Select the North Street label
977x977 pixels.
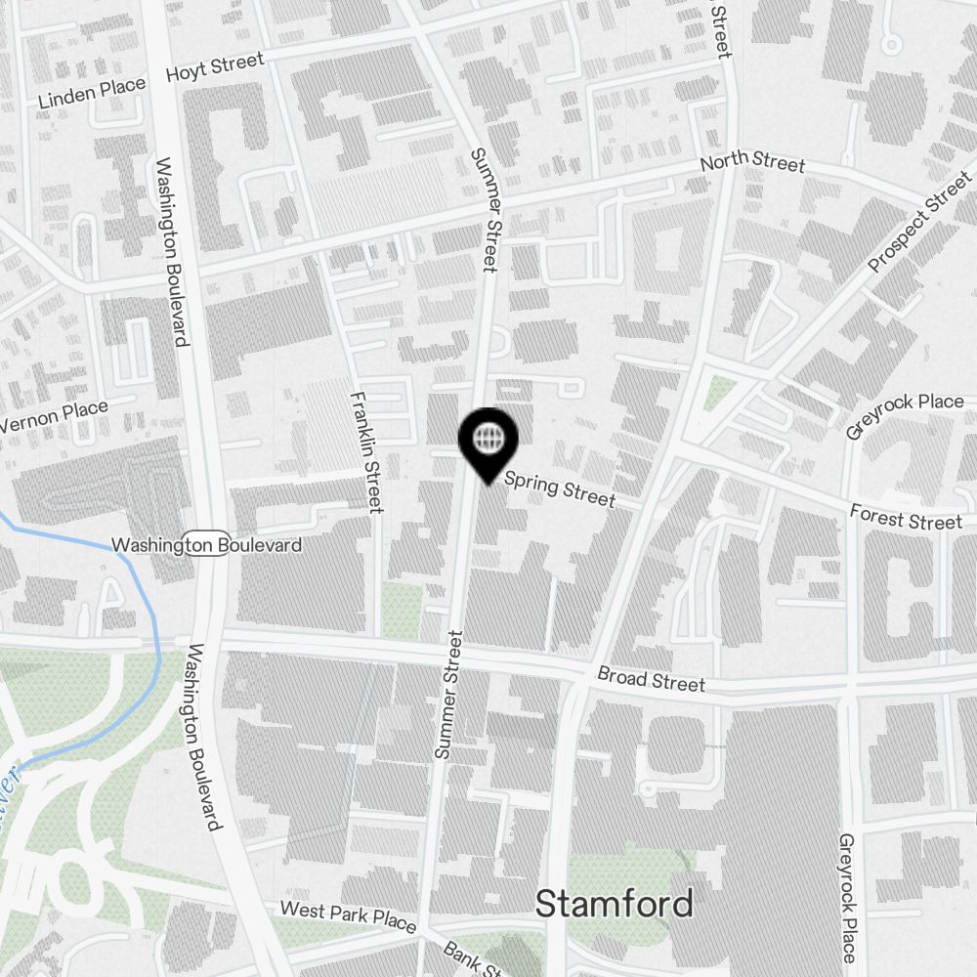[x=752, y=163]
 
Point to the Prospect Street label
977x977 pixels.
[x=920, y=222]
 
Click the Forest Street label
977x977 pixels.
[x=906, y=518]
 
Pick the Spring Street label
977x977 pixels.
[x=560, y=488]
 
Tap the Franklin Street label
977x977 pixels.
[x=365, y=451]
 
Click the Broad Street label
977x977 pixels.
[x=651, y=679]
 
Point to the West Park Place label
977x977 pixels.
[x=348, y=916]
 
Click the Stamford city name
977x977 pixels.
[x=615, y=904]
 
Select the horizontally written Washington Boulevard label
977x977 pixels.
[x=206, y=544]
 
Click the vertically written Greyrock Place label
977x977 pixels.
[x=848, y=898]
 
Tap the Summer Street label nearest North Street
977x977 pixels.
[x=487, y=209]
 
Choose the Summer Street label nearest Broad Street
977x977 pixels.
[x=449, y=695]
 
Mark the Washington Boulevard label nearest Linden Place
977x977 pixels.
[x=170, y=252]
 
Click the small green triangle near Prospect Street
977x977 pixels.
[x=721, y=392]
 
